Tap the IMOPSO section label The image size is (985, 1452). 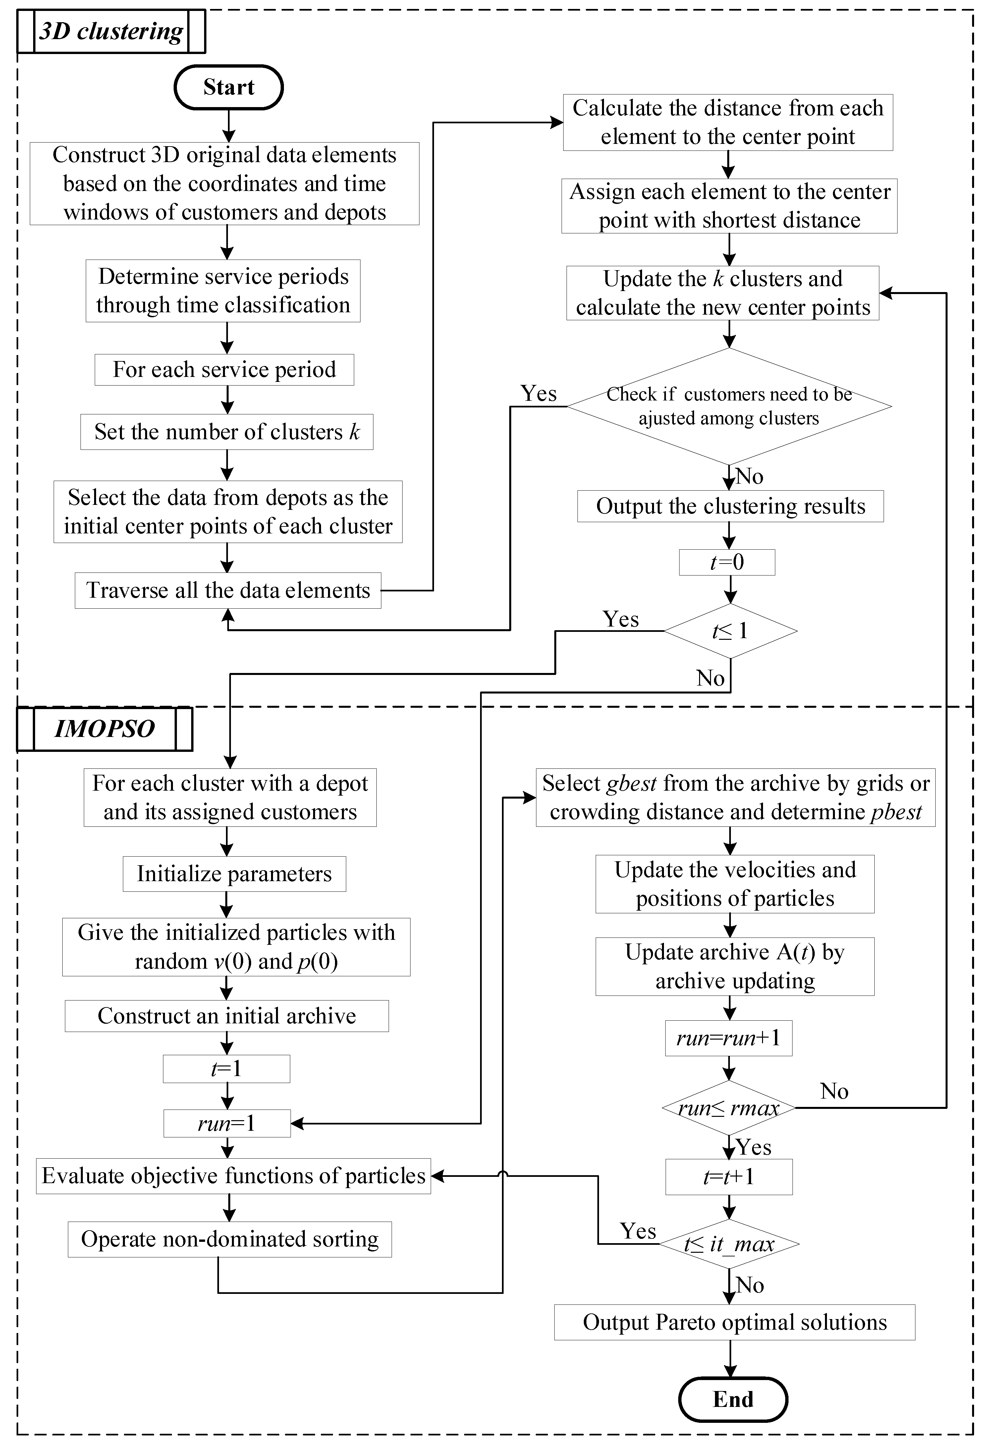[104, 729]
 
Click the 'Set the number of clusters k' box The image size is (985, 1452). [227, 432]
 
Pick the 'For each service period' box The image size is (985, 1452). [224, 370]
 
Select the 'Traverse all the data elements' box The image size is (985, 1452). [228, 590]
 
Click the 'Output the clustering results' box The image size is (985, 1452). [730, 506]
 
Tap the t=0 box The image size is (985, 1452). [727, 562]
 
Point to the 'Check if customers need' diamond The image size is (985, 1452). [729, 406]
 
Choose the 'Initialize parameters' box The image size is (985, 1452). [234, 874]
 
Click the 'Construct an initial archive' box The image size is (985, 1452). [227, 1016]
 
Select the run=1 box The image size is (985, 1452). [227, 1123]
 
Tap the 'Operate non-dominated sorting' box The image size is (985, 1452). [230, 1240]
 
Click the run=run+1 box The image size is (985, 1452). [728, 1038]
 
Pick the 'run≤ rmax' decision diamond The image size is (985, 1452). [728, 1108]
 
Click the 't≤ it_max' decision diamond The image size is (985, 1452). [729, 1244]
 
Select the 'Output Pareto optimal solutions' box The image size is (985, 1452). [735, 1323]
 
